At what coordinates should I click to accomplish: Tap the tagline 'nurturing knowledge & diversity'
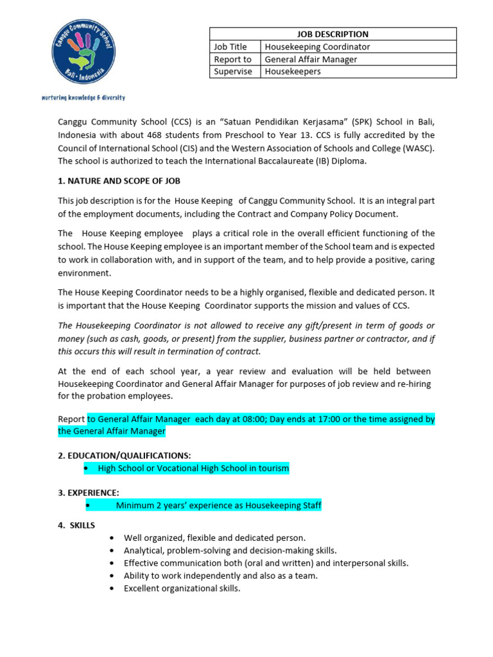coord(83,98)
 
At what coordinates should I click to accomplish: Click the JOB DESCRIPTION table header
coord(333,34)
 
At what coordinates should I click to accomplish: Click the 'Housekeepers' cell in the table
coord(293,71)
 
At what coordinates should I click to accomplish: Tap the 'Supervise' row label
coord(233,71)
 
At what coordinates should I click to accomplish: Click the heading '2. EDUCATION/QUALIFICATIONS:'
coord(125,455)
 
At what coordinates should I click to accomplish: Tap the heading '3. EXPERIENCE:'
coord(89,492)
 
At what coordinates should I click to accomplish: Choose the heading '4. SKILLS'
coord(76,525)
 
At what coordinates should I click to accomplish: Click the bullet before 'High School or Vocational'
coord(87,469)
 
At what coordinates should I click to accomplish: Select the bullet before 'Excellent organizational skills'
coord(113,588)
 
